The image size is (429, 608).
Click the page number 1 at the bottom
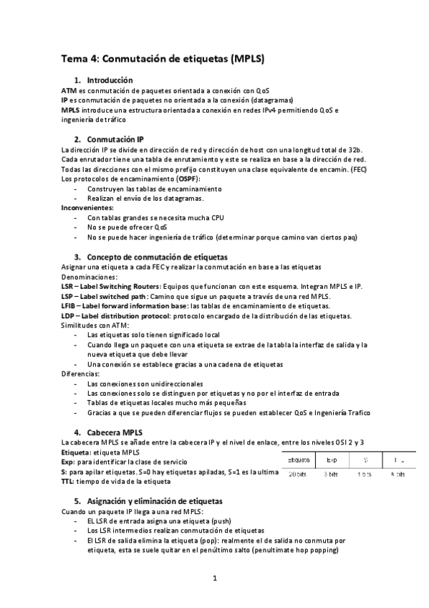click(214, 578)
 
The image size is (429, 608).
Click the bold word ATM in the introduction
click(69, 91)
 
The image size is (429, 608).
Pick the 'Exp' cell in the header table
click(332, 459)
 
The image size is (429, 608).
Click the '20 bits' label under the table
click(298, 474)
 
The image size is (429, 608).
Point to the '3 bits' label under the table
click(331, 474)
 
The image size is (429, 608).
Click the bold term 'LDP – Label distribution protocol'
click(115, 315)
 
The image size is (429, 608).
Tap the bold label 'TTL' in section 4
click(68, 481)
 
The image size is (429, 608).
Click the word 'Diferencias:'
click(80, 374)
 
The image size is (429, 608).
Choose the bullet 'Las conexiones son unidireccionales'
click(145, 384)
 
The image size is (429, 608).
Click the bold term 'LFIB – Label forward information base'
click(125, 305)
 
